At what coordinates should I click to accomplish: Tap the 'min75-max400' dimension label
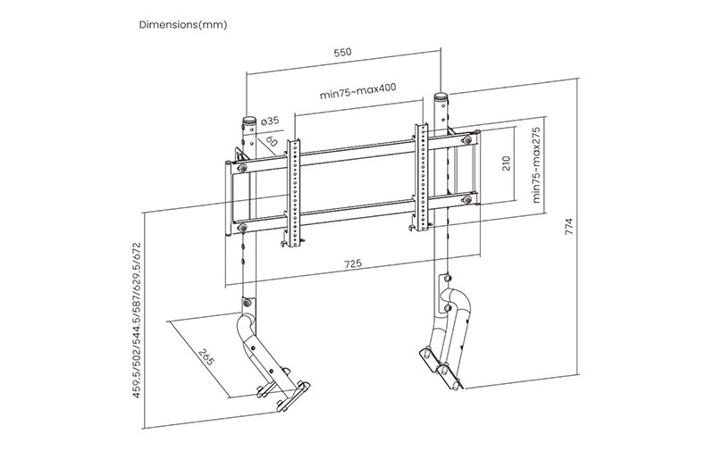(x=357, y=93)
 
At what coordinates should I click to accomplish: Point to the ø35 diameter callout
(x=271, y=121)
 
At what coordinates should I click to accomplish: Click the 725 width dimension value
(x=352, y=265)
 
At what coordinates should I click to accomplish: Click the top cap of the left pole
(x=248, y=120)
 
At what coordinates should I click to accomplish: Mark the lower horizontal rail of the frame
(x=357, y=213)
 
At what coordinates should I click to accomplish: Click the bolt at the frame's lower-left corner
(x=242, y=229)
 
